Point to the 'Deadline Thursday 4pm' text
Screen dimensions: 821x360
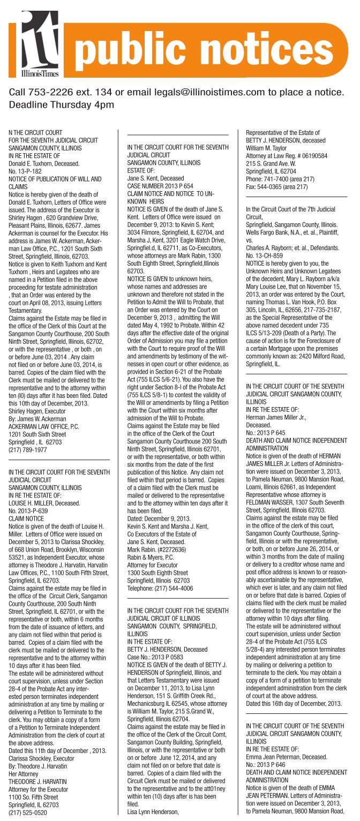[62, 104]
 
